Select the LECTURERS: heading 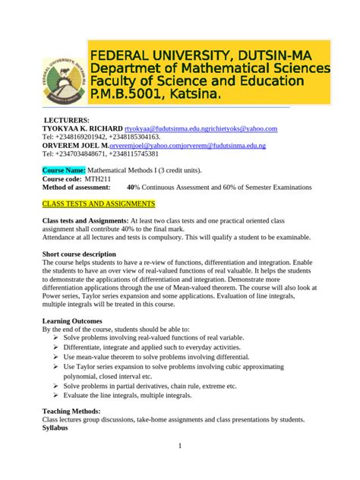pyautogui.click(x=66, y=121)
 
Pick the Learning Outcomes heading pyautogui.click(x=72, y=321)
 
